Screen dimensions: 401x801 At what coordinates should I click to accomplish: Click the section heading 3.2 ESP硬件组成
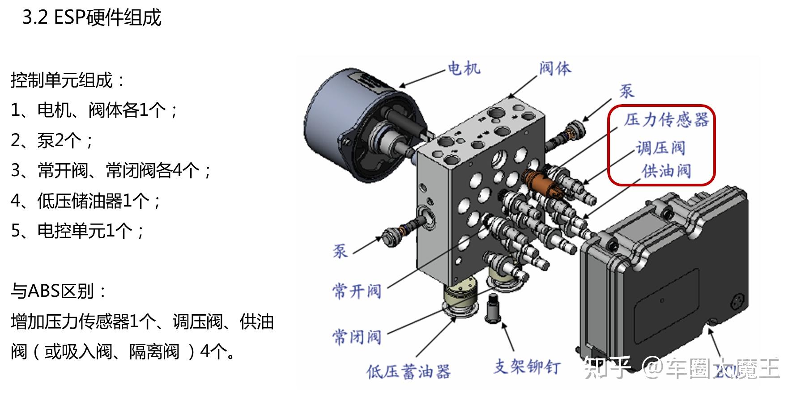click(92, 18)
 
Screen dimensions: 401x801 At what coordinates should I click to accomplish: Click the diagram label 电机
click(464, 68)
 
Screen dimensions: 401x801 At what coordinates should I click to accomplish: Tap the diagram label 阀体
click(555, 68)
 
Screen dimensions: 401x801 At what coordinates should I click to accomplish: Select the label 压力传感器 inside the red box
click(666, 120)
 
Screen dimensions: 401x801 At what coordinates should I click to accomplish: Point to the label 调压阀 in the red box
click(660, 148)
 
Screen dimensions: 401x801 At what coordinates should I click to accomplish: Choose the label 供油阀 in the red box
click(666, 171)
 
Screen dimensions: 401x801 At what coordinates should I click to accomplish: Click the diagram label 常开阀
click(357, 291)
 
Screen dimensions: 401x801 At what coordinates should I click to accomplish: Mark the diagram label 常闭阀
click(357, 336)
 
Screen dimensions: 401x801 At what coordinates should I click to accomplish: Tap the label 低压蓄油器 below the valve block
click(408, 371)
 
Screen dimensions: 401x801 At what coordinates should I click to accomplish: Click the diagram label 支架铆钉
click(527, 367)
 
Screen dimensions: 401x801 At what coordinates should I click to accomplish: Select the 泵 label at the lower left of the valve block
click(340, 251)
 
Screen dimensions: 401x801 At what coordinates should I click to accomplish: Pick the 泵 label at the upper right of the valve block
click(626, 91)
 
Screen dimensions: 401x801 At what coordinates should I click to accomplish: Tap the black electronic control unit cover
click(662, 277)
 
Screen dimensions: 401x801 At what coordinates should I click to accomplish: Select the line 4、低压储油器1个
click(85, 201)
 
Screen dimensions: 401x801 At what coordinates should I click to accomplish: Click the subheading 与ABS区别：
click(59, 291)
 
